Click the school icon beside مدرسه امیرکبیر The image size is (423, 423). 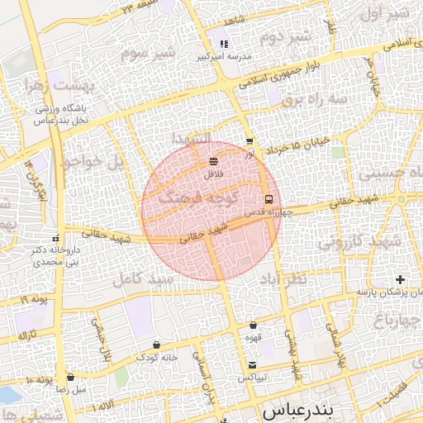(223, 44)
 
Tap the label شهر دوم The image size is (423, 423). (284, 36)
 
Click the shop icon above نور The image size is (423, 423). (250, 141)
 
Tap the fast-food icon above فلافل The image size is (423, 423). (214, 160)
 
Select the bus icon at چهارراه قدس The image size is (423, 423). (269, 199)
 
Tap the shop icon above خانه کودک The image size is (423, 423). (157, 345)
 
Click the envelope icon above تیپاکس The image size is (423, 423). (252, 365)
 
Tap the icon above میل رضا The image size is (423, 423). (70, 377)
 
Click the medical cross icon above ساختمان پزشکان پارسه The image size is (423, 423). (401, 280)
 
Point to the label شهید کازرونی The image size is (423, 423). (360, 241)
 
